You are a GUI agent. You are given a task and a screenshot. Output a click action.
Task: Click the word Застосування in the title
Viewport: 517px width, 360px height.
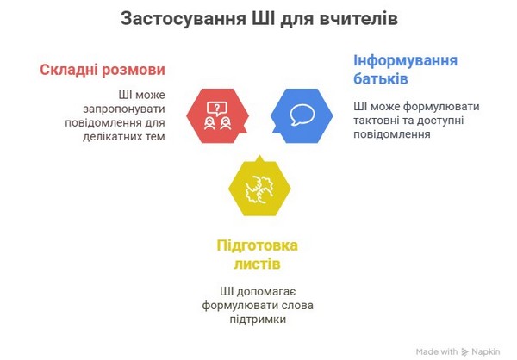184,19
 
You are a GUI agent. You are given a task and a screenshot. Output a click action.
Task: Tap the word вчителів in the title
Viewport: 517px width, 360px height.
358,18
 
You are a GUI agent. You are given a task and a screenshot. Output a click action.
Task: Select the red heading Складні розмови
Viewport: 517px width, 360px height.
103,71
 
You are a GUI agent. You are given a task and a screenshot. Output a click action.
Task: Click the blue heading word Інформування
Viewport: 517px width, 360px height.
406,61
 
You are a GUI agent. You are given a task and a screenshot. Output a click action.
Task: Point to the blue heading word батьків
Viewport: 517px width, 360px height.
381,78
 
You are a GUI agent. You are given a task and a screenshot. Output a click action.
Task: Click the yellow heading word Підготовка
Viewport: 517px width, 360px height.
257,246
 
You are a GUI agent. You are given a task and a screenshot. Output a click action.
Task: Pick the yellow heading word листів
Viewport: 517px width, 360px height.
257,264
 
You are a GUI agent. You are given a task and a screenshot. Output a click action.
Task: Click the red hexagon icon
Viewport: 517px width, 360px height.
218,115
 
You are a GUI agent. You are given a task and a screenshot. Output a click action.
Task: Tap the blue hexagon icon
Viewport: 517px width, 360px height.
302,115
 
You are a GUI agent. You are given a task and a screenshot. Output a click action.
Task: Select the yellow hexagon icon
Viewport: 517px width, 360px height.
259,187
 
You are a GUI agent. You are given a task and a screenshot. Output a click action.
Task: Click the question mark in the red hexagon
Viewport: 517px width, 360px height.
217,107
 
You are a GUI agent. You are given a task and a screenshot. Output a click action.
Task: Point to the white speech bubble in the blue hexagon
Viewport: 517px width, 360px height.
302,115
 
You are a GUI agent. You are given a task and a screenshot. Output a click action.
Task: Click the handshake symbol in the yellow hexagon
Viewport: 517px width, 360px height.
259,189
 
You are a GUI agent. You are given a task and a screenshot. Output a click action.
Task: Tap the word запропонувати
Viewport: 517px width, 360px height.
124,109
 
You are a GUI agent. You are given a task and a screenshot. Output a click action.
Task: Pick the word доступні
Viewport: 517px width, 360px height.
440,121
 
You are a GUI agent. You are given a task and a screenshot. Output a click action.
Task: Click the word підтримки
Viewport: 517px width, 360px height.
258,320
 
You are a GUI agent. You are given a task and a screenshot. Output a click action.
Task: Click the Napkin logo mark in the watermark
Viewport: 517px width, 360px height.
465,352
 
